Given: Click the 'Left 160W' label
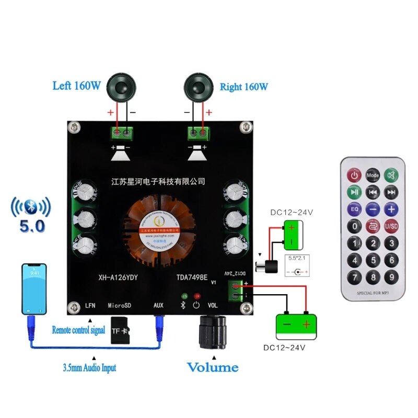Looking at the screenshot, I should point(76,86).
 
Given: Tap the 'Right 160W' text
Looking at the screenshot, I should point(244,86).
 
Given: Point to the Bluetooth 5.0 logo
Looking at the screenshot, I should point(31,214).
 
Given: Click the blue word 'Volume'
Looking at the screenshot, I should point(213,367).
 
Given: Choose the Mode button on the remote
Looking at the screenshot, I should point(373,175).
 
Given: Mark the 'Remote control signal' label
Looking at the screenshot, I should point(78,330).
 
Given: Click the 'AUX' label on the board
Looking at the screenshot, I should point(159,305).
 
